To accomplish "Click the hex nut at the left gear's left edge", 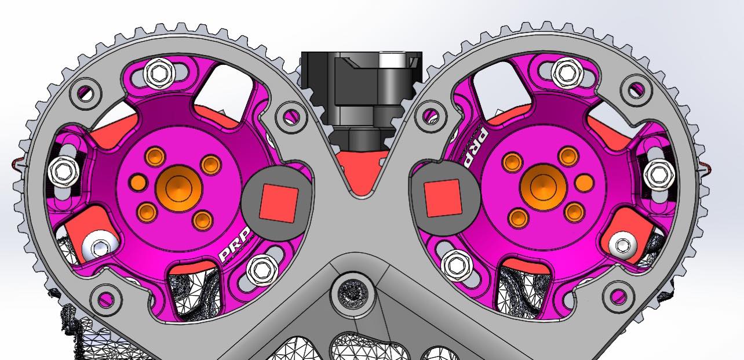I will pyautogui.click(x=63, y=169).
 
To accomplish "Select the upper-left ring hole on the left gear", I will pyautogui.click(x=86, y=92).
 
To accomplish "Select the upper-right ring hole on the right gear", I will pyautogui.click(x=637, y=89).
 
